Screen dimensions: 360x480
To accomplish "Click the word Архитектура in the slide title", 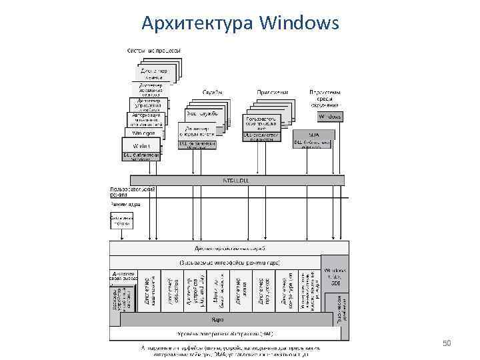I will click(197, 24).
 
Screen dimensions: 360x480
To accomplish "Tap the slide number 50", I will click(447, 343).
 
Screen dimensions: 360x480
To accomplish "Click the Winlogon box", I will click(142, 133).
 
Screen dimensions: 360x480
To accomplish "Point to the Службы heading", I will click(213, 91).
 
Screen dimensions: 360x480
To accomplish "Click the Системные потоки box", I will click(121, 221).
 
